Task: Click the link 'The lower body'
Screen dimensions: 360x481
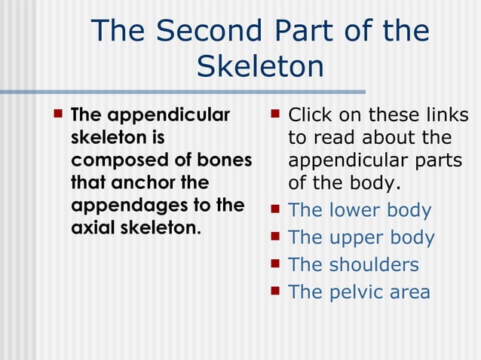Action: (360, 211)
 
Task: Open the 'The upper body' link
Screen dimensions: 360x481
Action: (361, 238)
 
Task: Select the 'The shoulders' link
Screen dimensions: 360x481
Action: (354, 265)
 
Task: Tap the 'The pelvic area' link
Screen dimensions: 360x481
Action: (359, 292)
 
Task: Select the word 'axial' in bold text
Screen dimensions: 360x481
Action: (93, 228)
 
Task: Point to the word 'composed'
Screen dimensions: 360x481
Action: (111, 160)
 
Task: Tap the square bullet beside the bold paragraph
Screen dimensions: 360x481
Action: (57, 114)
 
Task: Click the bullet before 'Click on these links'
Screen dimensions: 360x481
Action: (275, 114)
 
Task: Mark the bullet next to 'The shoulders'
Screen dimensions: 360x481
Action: (275, 264)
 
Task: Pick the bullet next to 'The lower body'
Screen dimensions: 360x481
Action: (275, 209)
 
